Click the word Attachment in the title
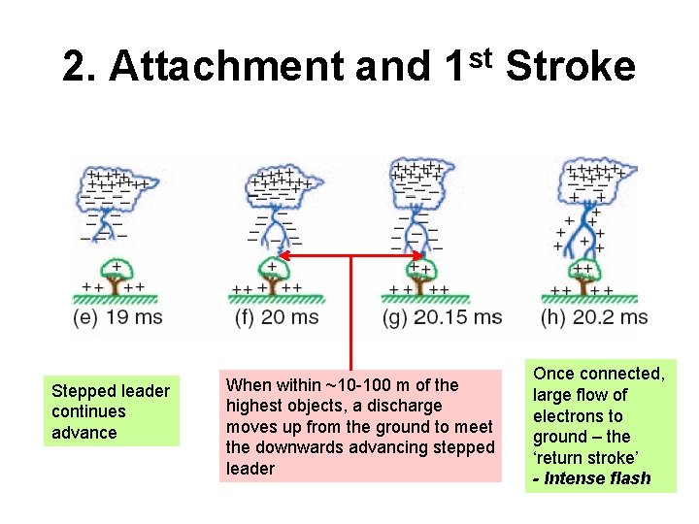(228, 67)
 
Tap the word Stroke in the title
(571, 67)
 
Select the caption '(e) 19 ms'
(117, 317)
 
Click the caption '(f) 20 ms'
(277, 317)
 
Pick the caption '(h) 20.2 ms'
(594, 317)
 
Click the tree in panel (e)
(116, 276)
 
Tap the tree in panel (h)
(585, 277)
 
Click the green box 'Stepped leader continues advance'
(111, 411)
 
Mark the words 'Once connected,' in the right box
(599, 374)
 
